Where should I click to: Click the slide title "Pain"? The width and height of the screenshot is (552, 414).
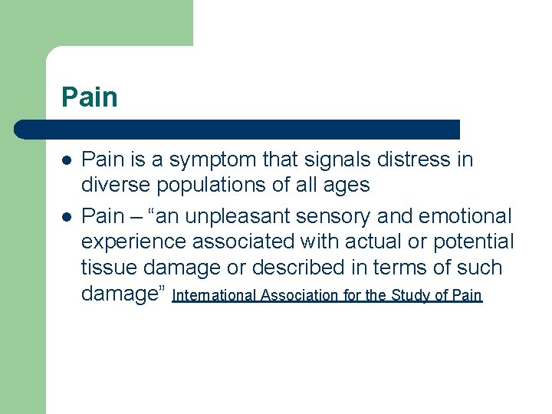coord(90,98)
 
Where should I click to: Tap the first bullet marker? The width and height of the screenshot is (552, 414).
coord(67,161)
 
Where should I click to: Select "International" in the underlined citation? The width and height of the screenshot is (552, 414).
coord(216,295)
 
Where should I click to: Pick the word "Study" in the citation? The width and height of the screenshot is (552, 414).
coord(410,295)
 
